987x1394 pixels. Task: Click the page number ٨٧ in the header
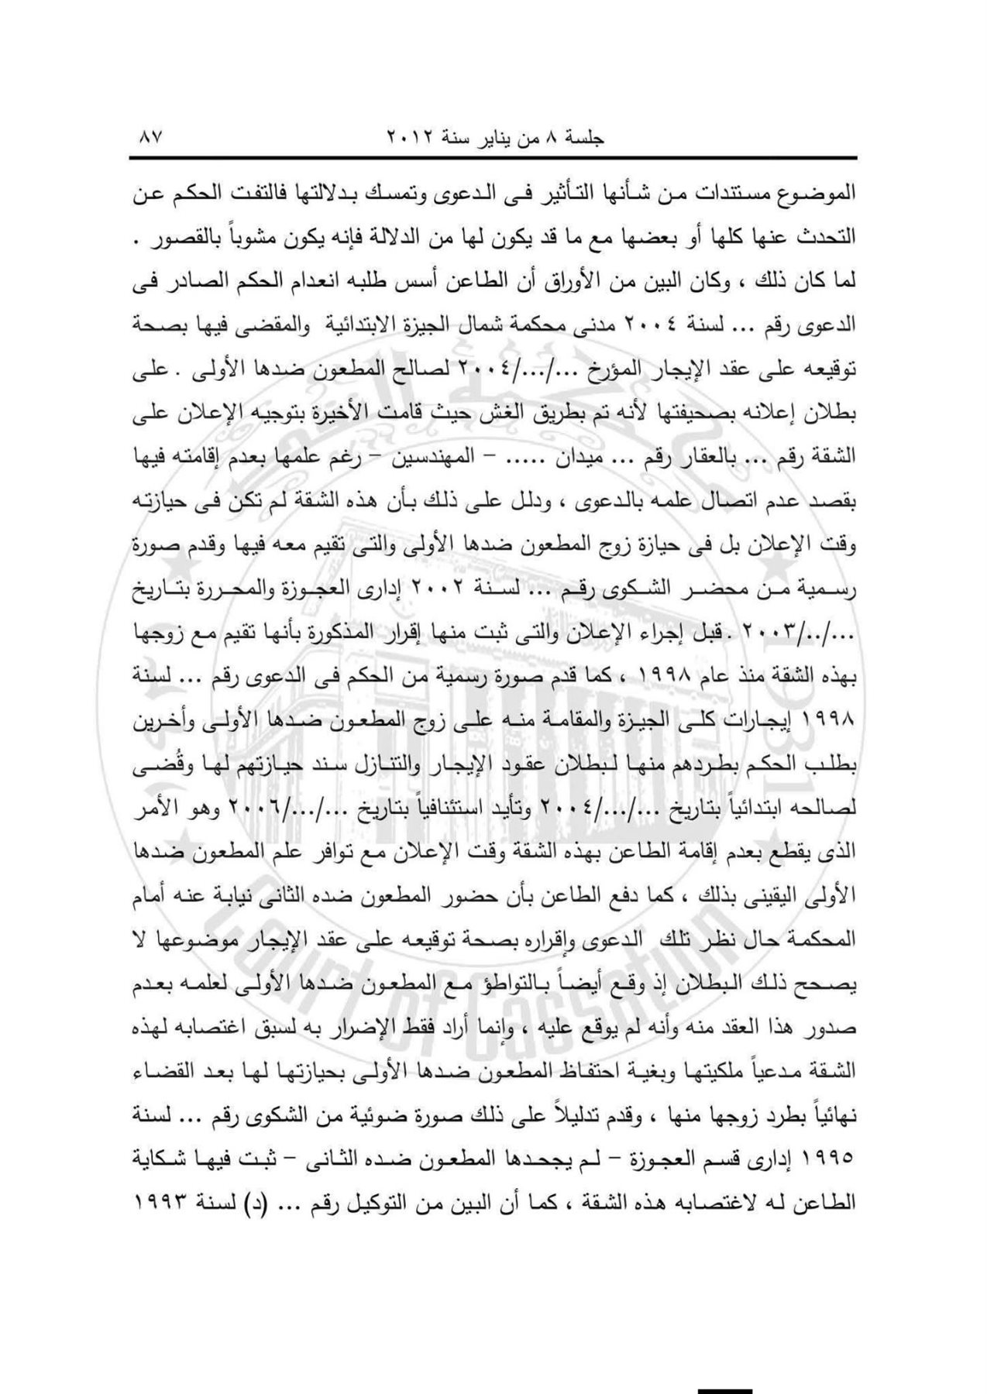tap(146, 139)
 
